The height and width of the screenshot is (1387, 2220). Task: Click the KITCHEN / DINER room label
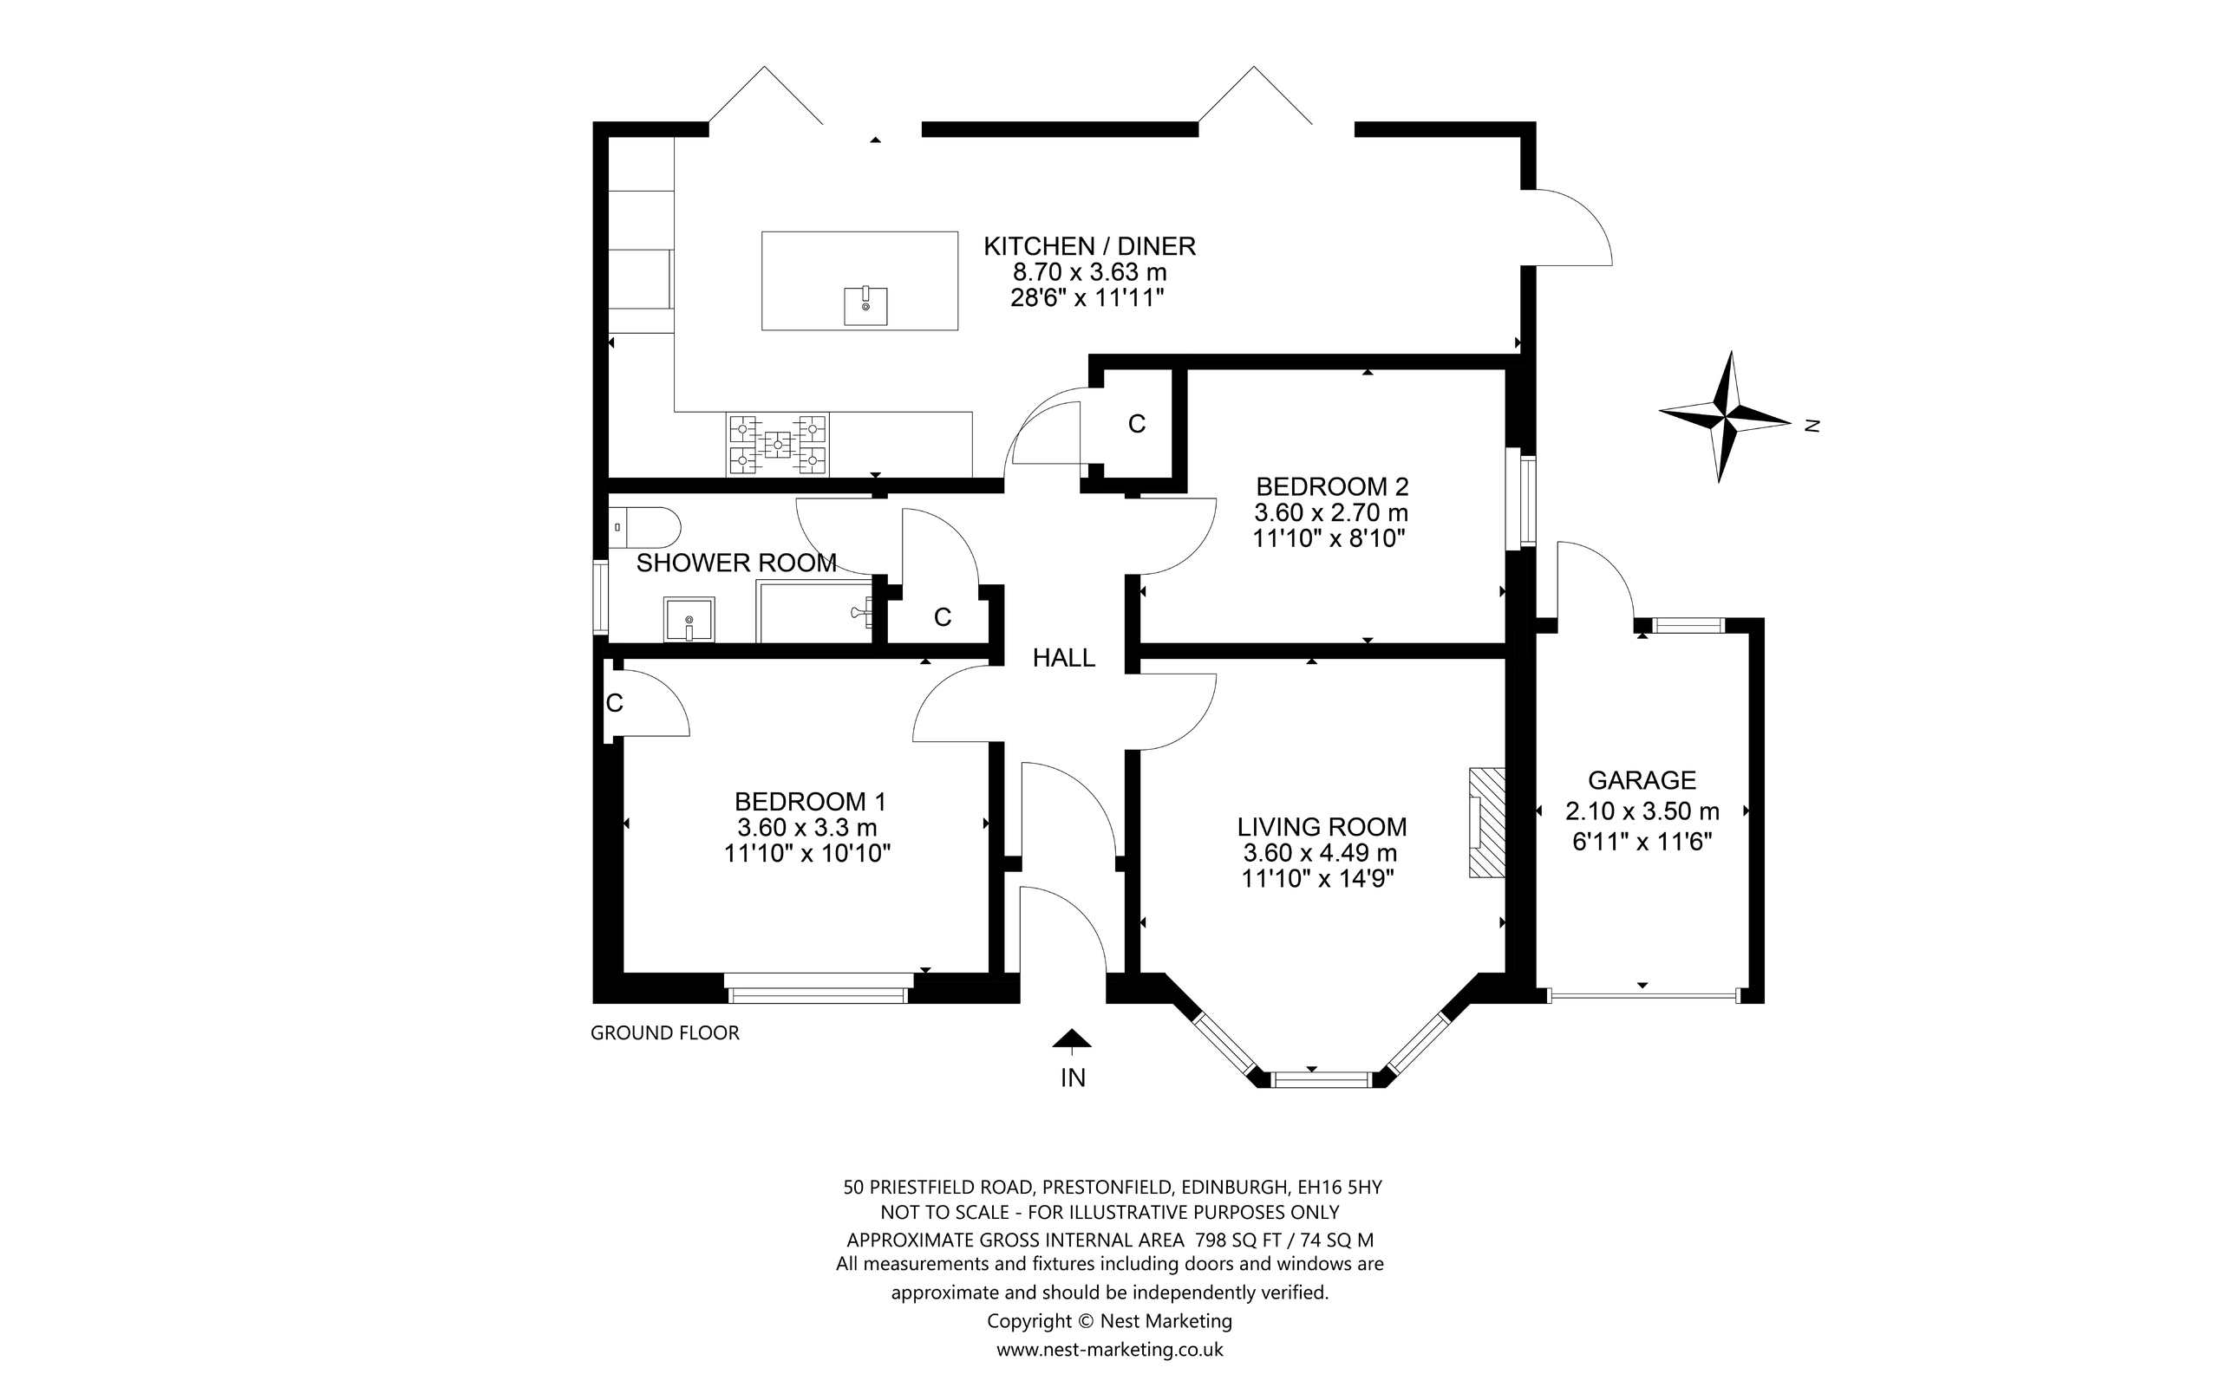(x=1089, y=246)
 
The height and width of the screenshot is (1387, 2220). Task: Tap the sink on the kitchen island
(x=865, y=305)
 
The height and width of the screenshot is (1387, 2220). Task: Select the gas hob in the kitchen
(x=778, y=445)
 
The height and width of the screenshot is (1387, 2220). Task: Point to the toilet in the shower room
(x=645, y=527)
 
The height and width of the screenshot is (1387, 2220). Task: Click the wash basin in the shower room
(x=689, y=619)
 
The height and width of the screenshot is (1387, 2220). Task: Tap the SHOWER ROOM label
(x=735, y=563)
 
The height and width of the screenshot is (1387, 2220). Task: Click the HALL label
(x=1063, y=658)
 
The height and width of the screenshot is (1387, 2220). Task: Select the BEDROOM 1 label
(x=810, y=802)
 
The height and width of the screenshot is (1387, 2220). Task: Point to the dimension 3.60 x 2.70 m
(x=1330, y=513)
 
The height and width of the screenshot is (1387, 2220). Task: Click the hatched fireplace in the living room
(x=1487, y=823)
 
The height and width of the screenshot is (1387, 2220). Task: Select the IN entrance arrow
(x=1072, y=1039)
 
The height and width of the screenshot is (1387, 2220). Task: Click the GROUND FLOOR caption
(x=664, y=1033)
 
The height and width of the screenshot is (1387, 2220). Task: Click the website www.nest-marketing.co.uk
(x=1109, y=1350)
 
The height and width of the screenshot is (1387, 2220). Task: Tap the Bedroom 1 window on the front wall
(x=816, y=993)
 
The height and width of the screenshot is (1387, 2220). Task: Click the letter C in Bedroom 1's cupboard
(x=615, y=704)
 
